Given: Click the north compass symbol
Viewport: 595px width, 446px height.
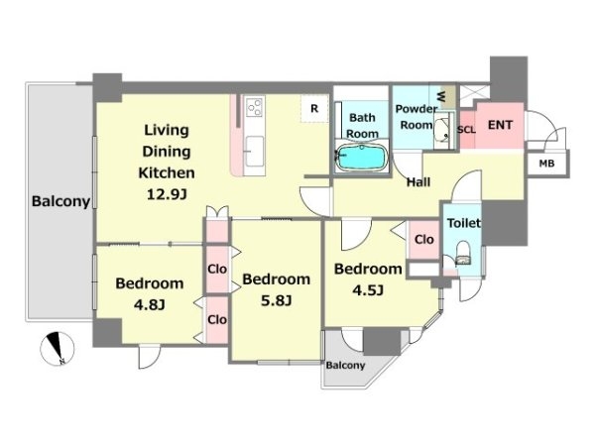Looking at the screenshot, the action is click(x=58, y=349).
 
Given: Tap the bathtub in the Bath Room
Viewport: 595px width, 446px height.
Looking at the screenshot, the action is click(x=362, y=158).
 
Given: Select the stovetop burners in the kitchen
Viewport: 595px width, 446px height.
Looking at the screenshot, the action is click(x=254, y=107).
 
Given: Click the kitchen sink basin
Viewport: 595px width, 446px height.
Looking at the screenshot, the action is click(x=254, y=152).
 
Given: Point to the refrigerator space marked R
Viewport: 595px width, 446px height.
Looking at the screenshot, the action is click(x=314, y=108).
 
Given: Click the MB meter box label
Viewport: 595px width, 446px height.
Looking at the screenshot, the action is click(x=546, y=164).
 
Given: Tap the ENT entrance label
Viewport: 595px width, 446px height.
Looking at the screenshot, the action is click(x=500, y=125).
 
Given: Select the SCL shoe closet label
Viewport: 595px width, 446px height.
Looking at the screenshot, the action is click(x=466, y=130).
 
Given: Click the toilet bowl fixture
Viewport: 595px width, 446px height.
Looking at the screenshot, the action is click(x=463, y=254).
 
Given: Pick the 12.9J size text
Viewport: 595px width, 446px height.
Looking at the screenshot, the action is click(x=167, y=194).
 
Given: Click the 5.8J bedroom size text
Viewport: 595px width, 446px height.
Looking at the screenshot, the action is click(x=277, y=300).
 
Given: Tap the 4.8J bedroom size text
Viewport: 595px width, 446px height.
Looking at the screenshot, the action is click(x=150, y=304).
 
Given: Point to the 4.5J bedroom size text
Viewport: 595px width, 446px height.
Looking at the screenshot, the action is click(x=368, y=290).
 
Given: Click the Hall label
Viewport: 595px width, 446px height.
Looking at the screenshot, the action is click(x=418, y=182).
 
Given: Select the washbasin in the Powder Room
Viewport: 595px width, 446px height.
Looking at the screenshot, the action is click(x=442, y=130).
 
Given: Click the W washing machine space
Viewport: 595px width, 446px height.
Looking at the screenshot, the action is click(x=445, y=97).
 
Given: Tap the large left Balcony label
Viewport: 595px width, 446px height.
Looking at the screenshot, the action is click(x=61, y=201).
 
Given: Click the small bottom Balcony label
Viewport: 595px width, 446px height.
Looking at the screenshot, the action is click(x=345, y=365).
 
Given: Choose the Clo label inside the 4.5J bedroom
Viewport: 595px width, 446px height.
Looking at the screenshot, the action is click(x=423, y=239).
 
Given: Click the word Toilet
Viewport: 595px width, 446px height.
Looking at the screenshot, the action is click(x=464, y=223).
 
